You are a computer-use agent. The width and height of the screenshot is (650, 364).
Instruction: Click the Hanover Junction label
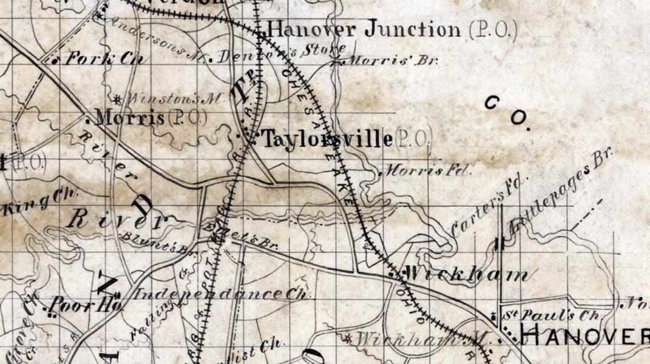[x=364, y=29]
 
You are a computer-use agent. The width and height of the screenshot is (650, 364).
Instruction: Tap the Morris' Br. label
[x=394, y=61]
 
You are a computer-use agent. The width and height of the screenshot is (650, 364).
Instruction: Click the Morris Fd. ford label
[x=428, y=170]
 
